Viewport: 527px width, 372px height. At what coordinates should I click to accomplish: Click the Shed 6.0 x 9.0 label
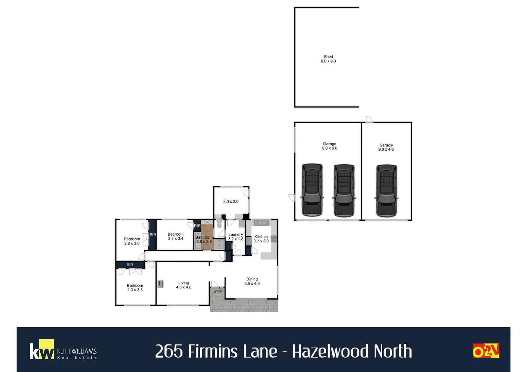328,59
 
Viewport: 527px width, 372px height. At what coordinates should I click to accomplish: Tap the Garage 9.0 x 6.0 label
330,146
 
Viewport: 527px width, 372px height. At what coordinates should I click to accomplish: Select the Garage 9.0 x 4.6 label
386,147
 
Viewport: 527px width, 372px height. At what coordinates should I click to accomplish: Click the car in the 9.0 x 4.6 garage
386,190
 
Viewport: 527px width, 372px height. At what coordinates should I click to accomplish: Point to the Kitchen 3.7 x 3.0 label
261,239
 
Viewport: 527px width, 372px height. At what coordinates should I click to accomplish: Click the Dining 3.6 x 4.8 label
252,281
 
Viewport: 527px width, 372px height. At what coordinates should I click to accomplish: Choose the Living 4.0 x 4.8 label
183,285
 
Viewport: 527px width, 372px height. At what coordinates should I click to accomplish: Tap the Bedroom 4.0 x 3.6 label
135,288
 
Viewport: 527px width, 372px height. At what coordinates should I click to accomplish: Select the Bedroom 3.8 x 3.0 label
132,241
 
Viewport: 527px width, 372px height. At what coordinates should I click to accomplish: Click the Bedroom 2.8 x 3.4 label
175,236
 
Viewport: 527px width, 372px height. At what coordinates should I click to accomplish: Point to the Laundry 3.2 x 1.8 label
236,237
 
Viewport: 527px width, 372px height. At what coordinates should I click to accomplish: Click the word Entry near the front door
217,291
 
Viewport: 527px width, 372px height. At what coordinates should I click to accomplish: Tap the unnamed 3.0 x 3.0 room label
231,201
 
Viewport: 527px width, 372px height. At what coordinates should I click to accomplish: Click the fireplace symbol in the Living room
160,284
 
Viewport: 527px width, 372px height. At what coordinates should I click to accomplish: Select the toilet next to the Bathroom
220,224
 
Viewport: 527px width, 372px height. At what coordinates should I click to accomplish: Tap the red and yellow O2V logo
486,351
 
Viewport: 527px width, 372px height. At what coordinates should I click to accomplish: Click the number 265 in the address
169,352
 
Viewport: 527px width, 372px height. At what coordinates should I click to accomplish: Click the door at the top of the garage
369,119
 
